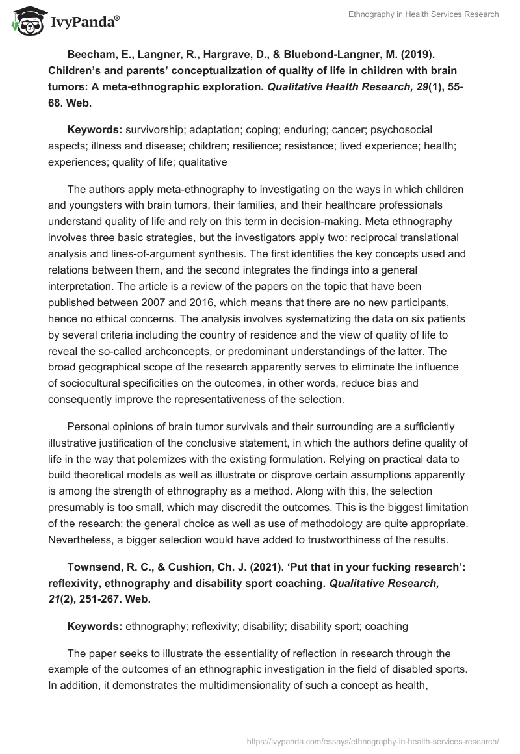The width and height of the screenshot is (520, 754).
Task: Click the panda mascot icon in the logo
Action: point(25,21)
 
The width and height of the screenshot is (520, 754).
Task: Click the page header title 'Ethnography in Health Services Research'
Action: point(423,15)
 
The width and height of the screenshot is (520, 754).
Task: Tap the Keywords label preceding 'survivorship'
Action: point(94,131)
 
